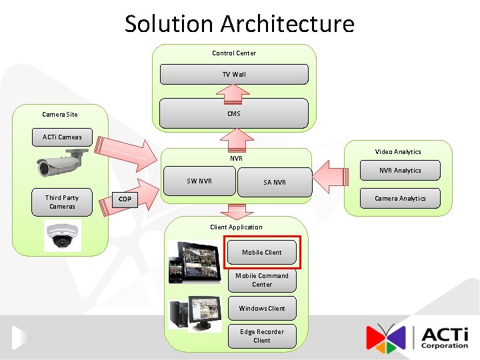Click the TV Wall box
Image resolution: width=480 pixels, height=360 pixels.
[234, 74]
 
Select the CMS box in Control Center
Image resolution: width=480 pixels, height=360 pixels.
[234, 113]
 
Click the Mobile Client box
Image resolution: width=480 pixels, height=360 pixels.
[262, 252]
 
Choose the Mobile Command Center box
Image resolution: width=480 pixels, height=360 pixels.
[262, 280]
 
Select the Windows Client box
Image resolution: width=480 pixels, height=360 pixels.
[262, 308]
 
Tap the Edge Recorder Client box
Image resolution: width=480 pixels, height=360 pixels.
[262, 336]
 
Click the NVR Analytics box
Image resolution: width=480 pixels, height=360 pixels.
[400, 171]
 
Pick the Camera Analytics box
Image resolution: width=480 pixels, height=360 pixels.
[400, 198]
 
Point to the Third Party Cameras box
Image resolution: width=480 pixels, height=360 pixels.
[62, 202]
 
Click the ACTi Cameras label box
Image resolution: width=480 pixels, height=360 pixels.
[62, 137]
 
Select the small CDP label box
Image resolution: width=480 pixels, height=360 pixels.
[125, 199]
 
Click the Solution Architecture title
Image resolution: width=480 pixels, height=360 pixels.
[239, 24]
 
